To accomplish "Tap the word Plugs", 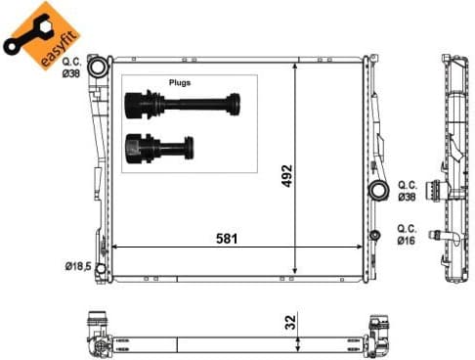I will [x=181, y=83].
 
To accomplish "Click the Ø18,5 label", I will [x=78, y=265].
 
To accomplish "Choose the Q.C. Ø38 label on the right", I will [x=408, y=190].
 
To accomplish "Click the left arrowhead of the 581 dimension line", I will [x=117, y=247].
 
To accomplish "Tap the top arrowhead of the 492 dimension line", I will [x=295, y=65].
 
